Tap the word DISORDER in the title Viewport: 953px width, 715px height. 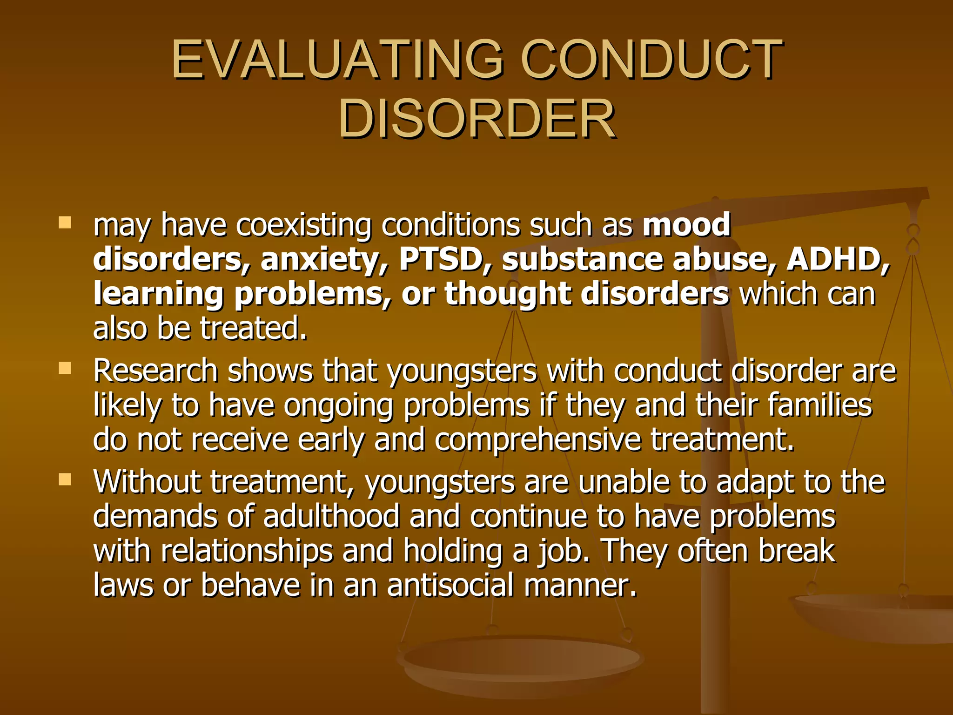(x=477, y=120)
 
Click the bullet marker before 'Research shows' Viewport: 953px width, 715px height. (x=65, y=369)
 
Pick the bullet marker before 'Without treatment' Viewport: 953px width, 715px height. (x=65, y=479)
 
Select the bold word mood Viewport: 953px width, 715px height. (x=687, y=225)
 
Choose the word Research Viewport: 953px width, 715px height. (x=155, y=371)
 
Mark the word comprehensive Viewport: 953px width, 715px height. (x=538, y=440)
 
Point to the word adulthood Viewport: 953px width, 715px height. (x=331, y=517)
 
